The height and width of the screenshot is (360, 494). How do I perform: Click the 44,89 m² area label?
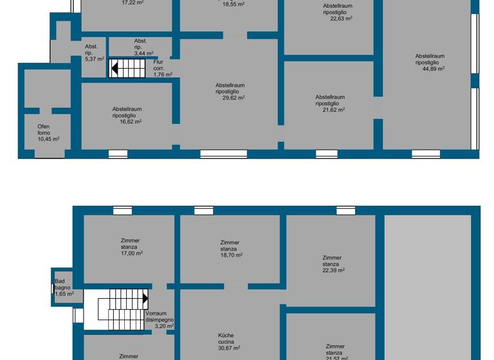pyautogui.click(x=430, y=62)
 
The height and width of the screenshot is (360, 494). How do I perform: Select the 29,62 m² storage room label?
pyautogui.click(x=230, y=91)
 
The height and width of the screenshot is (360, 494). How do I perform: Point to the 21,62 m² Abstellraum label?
pyautogui.click(x=330, y=103)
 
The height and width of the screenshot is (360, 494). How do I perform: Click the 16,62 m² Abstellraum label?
pyautogui.click(x=127, y=114)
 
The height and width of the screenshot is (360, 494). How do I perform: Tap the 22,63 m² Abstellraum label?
pyautogui.click(x=338, y=12)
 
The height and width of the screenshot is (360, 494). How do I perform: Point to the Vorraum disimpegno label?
pyautogui.click(x=160, y=319)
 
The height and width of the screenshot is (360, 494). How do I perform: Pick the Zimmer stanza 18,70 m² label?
pyautogui.click(x=229, y=248)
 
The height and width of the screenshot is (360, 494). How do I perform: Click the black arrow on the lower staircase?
pyautogui.click(x=145, y=298)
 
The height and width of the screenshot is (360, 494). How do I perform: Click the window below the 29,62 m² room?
pyautogui.click(x=223, y=154)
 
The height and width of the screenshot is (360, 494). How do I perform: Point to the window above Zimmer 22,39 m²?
pyautogui.click(x=345, y=210)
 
